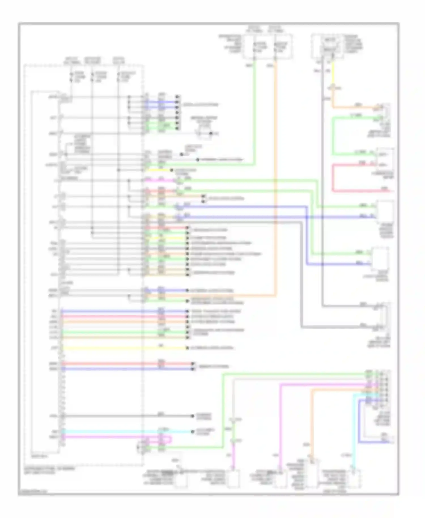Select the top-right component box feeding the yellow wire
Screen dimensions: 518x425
click(x=328, y=46)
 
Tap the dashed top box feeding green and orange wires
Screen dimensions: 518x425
click(x=267, y=47)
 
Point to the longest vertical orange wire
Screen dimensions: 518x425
click(x=275, y=181)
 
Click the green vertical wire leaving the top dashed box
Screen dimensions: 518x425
click(x=255, y=113)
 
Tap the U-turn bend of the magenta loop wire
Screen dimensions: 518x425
click(x=171, y=439)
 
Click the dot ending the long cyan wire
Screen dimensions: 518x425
click(x=191, y=432)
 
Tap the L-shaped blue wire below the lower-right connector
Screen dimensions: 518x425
click(x=359, y=425)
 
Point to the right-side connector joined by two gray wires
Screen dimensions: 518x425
click(x=385, y=316)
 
